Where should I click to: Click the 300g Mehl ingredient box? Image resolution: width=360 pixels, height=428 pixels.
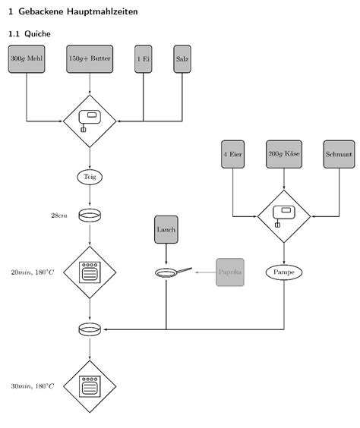click(27, 58)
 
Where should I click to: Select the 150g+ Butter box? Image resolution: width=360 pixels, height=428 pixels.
click(90, 58)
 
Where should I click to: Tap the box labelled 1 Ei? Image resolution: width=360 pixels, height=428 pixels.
click(143, 58)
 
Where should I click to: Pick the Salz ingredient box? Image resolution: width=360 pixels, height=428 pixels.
click(182, 58)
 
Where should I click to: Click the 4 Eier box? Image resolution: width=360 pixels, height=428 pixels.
click(233, 154)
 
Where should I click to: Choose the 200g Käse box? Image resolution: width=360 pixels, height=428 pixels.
click(284, 154)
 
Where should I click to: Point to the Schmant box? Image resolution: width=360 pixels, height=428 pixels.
click(338, 154)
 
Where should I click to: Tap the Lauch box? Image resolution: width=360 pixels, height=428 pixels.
click(166, 229)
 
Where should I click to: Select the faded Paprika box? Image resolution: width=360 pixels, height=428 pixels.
click(229, 272)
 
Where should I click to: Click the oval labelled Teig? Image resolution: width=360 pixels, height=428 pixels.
click(90, 177)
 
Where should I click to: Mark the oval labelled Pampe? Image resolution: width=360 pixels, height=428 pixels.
click(284, 272)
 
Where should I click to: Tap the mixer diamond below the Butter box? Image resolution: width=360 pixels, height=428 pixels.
click(90, 120)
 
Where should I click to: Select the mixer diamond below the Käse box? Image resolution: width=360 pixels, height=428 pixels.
click(284, 216)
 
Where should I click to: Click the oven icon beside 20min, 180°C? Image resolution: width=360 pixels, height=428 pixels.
click(90, 272)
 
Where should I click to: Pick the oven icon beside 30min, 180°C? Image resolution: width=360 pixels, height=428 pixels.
click(90, 386)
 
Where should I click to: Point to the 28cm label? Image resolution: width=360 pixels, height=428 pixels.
click(59, 216)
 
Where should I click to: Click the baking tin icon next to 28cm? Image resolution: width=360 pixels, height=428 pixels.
click(90, 216)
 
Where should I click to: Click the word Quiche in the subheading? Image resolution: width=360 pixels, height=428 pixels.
click(37, 34)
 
